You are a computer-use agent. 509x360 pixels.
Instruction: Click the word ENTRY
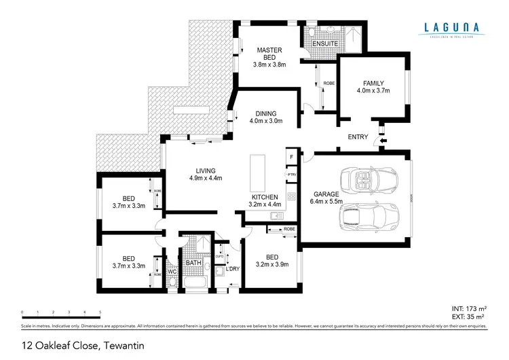click(358, 137)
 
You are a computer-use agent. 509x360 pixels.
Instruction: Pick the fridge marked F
click(291, 158)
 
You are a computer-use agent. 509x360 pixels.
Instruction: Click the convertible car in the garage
click(369, 181)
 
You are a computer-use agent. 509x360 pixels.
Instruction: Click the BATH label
click(193, 262)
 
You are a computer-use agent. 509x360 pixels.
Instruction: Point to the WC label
click(172, 272)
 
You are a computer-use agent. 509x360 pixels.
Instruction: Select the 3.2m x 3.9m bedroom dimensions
click(272, 265)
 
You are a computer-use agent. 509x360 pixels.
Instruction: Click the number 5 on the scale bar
click(100, 312)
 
